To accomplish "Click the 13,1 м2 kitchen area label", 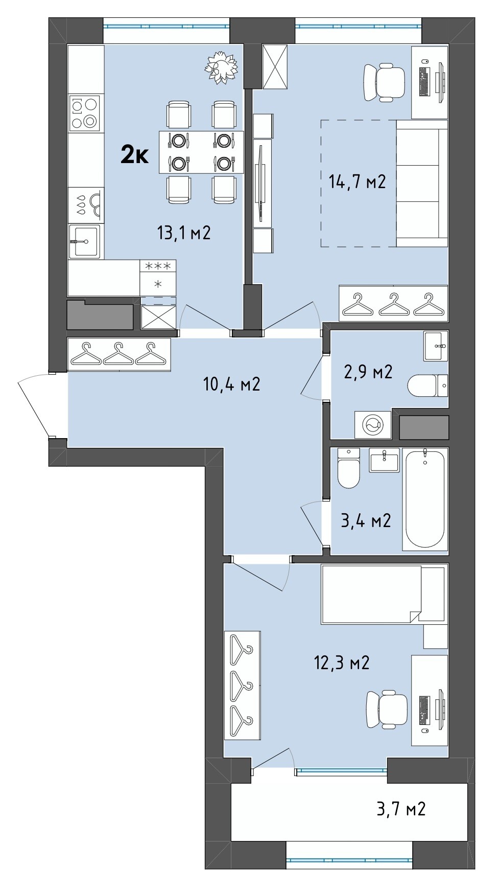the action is (x=184, y=233).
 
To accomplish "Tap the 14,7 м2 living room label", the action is (x=357, y=181).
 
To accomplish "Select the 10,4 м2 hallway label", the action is (x=232, y=383).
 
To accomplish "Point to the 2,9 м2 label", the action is (x=368, y=372).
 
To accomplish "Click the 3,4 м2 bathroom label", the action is (x=366, y=520).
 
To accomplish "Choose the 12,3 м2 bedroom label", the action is (x=341, y=663).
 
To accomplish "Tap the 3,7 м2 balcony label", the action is (x=401, y=809).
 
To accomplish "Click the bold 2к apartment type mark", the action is (x=134, y=155).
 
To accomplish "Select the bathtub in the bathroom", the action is (x=425, y=499).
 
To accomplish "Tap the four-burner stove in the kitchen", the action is (x=85, y=113).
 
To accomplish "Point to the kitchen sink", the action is (x=85, y=241).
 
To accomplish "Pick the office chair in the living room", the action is (x=385, y=83).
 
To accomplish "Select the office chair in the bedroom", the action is (x=387, y=709).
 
